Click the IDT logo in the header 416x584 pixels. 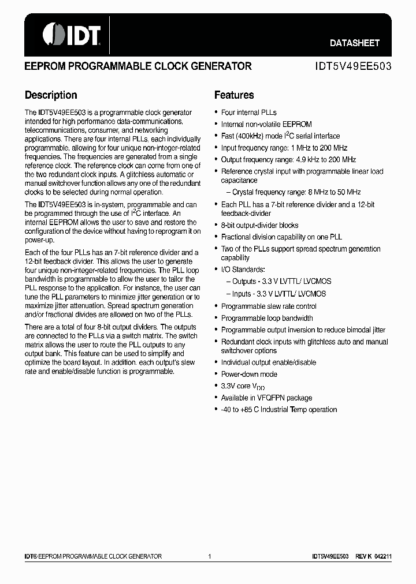(72, 34)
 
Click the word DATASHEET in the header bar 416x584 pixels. (354, 43)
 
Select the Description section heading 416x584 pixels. (51, 95)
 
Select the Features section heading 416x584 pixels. (234, 95)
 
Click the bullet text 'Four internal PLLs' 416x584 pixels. (249, 113)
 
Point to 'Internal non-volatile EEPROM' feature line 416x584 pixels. (266, 124)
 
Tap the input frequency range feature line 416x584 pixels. (284, 148)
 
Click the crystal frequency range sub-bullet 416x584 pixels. (296, 192)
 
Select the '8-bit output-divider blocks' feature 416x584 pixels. (259, 225)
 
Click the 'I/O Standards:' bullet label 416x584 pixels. (243, 269)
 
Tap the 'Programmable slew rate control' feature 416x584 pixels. (269, 306)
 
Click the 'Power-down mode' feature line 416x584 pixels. (249, 375)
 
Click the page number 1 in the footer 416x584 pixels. (210, 556)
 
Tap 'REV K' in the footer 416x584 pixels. (362, 556)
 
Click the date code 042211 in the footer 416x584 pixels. (382, 556)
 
